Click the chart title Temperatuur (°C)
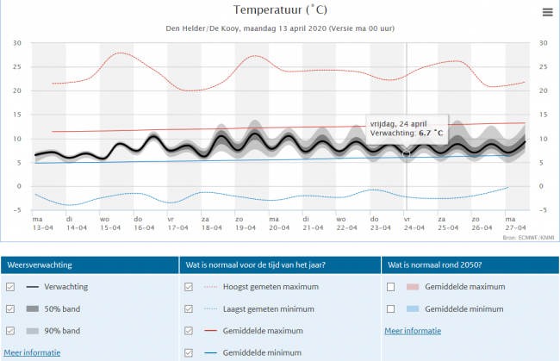coord(280,9)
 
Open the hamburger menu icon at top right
coord(547,12)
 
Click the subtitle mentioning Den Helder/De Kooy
coord(280,28)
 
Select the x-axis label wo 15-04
coord(104,223)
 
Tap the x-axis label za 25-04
coord(441,223)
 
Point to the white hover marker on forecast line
coord(407,152)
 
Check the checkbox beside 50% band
coord(10,308)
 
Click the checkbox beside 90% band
coord(10,331)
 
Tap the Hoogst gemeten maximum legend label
coord(269,287)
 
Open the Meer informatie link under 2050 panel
coord(413,330)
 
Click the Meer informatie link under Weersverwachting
coord(32,352)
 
